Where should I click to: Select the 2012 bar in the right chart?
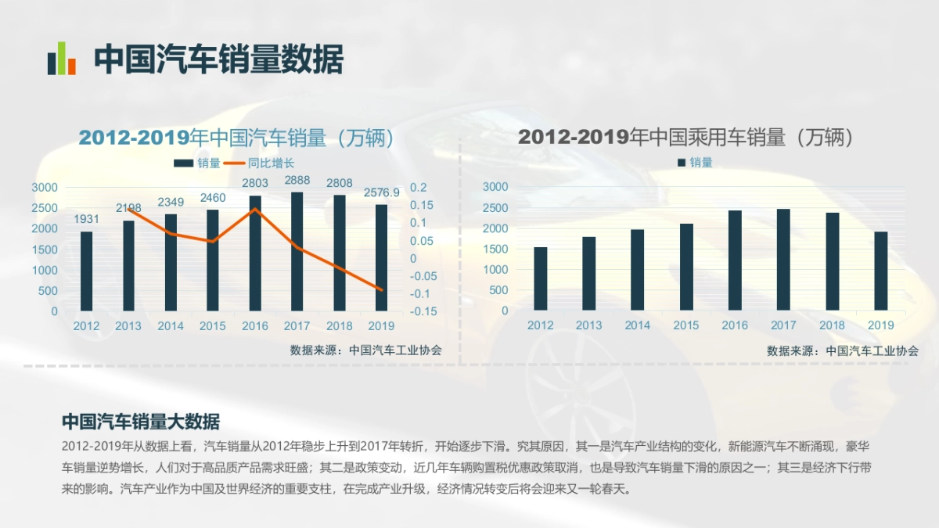[541, 278]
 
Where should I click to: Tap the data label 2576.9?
[382, 192]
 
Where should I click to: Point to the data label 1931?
[87, 219]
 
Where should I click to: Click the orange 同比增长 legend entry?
[261, 163]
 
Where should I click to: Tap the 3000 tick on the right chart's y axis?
[495, 187]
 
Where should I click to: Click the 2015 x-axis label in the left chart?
[213, 326]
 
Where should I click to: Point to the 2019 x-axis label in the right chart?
[881, 325]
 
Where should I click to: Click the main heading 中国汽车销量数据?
[219, 59]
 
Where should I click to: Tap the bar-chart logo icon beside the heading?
[61, 59]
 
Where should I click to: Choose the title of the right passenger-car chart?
[685, 138]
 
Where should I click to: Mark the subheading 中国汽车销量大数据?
[141, 422]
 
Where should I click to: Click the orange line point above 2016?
[255, 209]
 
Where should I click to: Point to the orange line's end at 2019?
[382, 290]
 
